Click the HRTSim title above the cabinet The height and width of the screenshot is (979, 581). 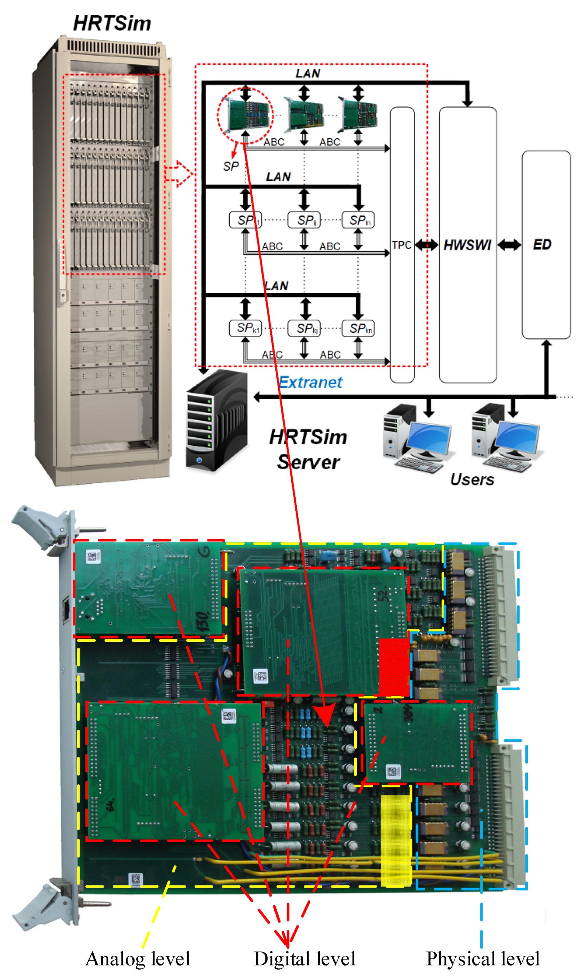(112, 24)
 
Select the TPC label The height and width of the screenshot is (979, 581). (401, 245)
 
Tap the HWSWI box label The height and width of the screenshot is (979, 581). (467, 245)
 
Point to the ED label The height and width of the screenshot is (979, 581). (542, 245)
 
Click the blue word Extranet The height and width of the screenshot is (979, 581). (310, 383)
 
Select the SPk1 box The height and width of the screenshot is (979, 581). (245, 328)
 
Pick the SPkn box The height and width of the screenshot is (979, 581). (358, 328)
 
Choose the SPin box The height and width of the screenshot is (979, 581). (358, 220)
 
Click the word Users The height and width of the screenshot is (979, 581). (472, 479)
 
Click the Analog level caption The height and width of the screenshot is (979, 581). (138, 959)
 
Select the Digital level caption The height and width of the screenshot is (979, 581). (305, 959)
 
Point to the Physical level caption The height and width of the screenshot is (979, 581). (483, 959)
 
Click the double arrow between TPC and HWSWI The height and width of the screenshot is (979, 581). (426, 245)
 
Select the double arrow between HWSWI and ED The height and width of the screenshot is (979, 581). (509, 245)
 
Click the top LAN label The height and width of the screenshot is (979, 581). (308, 74)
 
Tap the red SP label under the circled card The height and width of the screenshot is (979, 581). (231, 167)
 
